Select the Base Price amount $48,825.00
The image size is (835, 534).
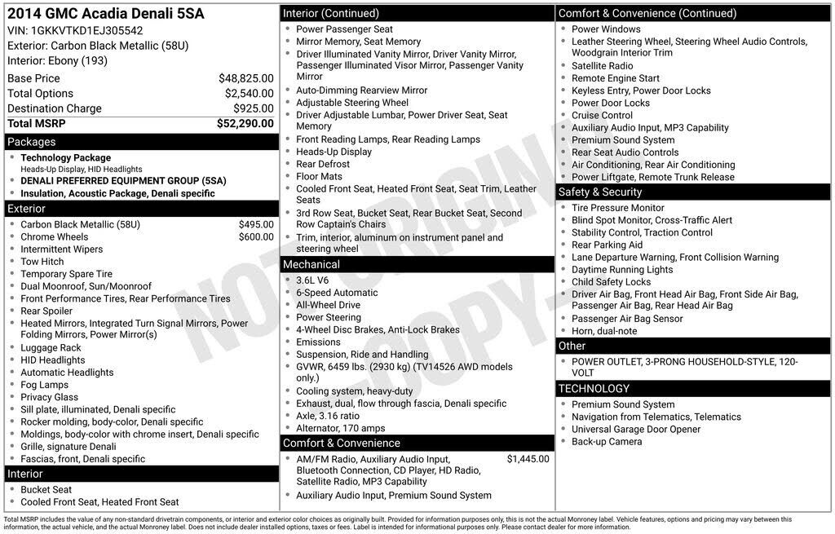(x=245, y=78)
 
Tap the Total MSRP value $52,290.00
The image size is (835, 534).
(x=245, y=124)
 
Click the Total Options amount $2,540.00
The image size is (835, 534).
(x=248, y=94)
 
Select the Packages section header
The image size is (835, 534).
(x=32, y=142)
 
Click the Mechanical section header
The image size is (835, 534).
(x=311, y=264)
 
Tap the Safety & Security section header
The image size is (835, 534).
(x=600, y=192)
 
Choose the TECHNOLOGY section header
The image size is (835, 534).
(x=594, y=389)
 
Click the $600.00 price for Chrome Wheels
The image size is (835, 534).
(x=256, y=237)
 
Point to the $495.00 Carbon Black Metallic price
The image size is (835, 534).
(x=256, y=224)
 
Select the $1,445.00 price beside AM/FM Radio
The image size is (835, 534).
(x=528, y=459)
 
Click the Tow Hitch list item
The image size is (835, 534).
(x=42, y=262)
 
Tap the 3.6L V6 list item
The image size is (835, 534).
(x=314, y=280)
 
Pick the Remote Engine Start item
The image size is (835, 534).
(x=616, y=78)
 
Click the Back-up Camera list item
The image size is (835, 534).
(x=607, y=441)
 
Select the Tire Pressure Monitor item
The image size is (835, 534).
(x=618, y=208)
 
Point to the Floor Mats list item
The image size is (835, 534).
(x=319, y=176)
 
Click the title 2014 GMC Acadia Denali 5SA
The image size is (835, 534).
(x=106, y=14)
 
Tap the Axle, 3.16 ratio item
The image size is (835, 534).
(x=328, y=416)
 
